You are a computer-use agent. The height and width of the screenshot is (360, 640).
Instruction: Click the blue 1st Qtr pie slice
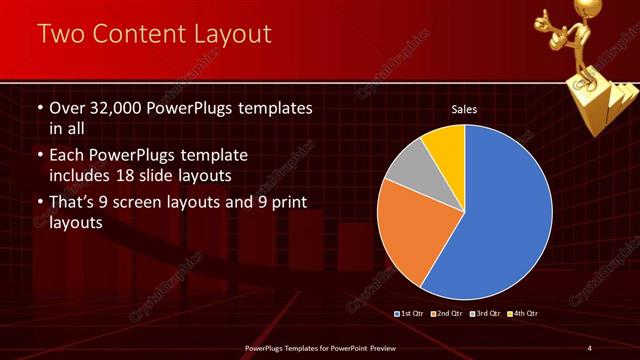500,210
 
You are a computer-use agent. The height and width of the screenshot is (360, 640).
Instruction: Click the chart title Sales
464,109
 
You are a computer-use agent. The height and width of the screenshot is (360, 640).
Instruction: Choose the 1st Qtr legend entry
412,314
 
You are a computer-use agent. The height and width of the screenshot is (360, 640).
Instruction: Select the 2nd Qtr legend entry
447,314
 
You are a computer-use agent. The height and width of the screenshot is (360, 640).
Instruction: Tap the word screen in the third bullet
141,203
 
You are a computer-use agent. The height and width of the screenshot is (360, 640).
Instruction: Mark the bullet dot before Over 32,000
39,108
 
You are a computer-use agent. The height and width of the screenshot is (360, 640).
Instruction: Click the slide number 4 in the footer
590,347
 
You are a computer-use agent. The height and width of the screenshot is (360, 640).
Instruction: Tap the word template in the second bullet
213,155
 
